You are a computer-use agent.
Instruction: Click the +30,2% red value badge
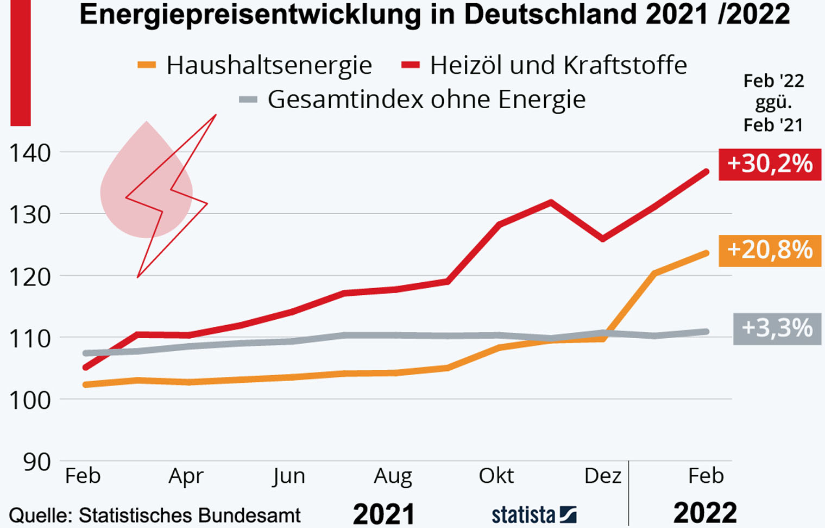point(770,164)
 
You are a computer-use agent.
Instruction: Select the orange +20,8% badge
point(770,250)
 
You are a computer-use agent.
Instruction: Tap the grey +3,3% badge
point(777,328)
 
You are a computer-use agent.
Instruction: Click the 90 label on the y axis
point(37,462)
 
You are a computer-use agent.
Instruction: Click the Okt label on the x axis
point(496,476)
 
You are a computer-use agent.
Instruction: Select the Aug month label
point(393,476)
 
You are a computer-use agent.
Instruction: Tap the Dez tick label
point(602,476)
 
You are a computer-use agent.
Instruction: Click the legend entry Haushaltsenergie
point(269,65)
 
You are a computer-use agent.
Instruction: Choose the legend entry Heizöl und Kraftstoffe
point(558,65)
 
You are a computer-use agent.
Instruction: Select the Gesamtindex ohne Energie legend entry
point(426,100)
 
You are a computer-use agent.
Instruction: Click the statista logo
point(534,514)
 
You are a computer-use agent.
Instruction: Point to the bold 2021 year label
point(384,514)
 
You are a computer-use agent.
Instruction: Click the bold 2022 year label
point(705,513)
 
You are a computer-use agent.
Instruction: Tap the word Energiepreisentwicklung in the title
point(250,15)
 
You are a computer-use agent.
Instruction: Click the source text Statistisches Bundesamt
point(190,515)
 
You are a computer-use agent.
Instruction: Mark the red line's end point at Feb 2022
point(706,172)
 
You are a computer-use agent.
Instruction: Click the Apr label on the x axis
point(186,476)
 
